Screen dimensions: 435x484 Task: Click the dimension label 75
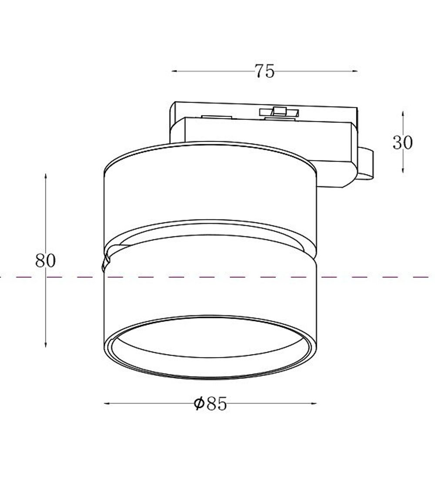264,71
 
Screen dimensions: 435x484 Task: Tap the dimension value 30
402,143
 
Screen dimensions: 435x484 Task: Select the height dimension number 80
45,261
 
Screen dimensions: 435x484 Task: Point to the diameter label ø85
211,403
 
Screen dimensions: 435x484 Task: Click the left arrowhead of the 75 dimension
174,71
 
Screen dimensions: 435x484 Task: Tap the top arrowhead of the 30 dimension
402,113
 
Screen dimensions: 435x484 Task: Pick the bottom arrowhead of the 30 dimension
402,170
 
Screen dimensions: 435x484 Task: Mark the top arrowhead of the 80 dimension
45,176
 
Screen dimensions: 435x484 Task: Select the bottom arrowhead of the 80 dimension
45,344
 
